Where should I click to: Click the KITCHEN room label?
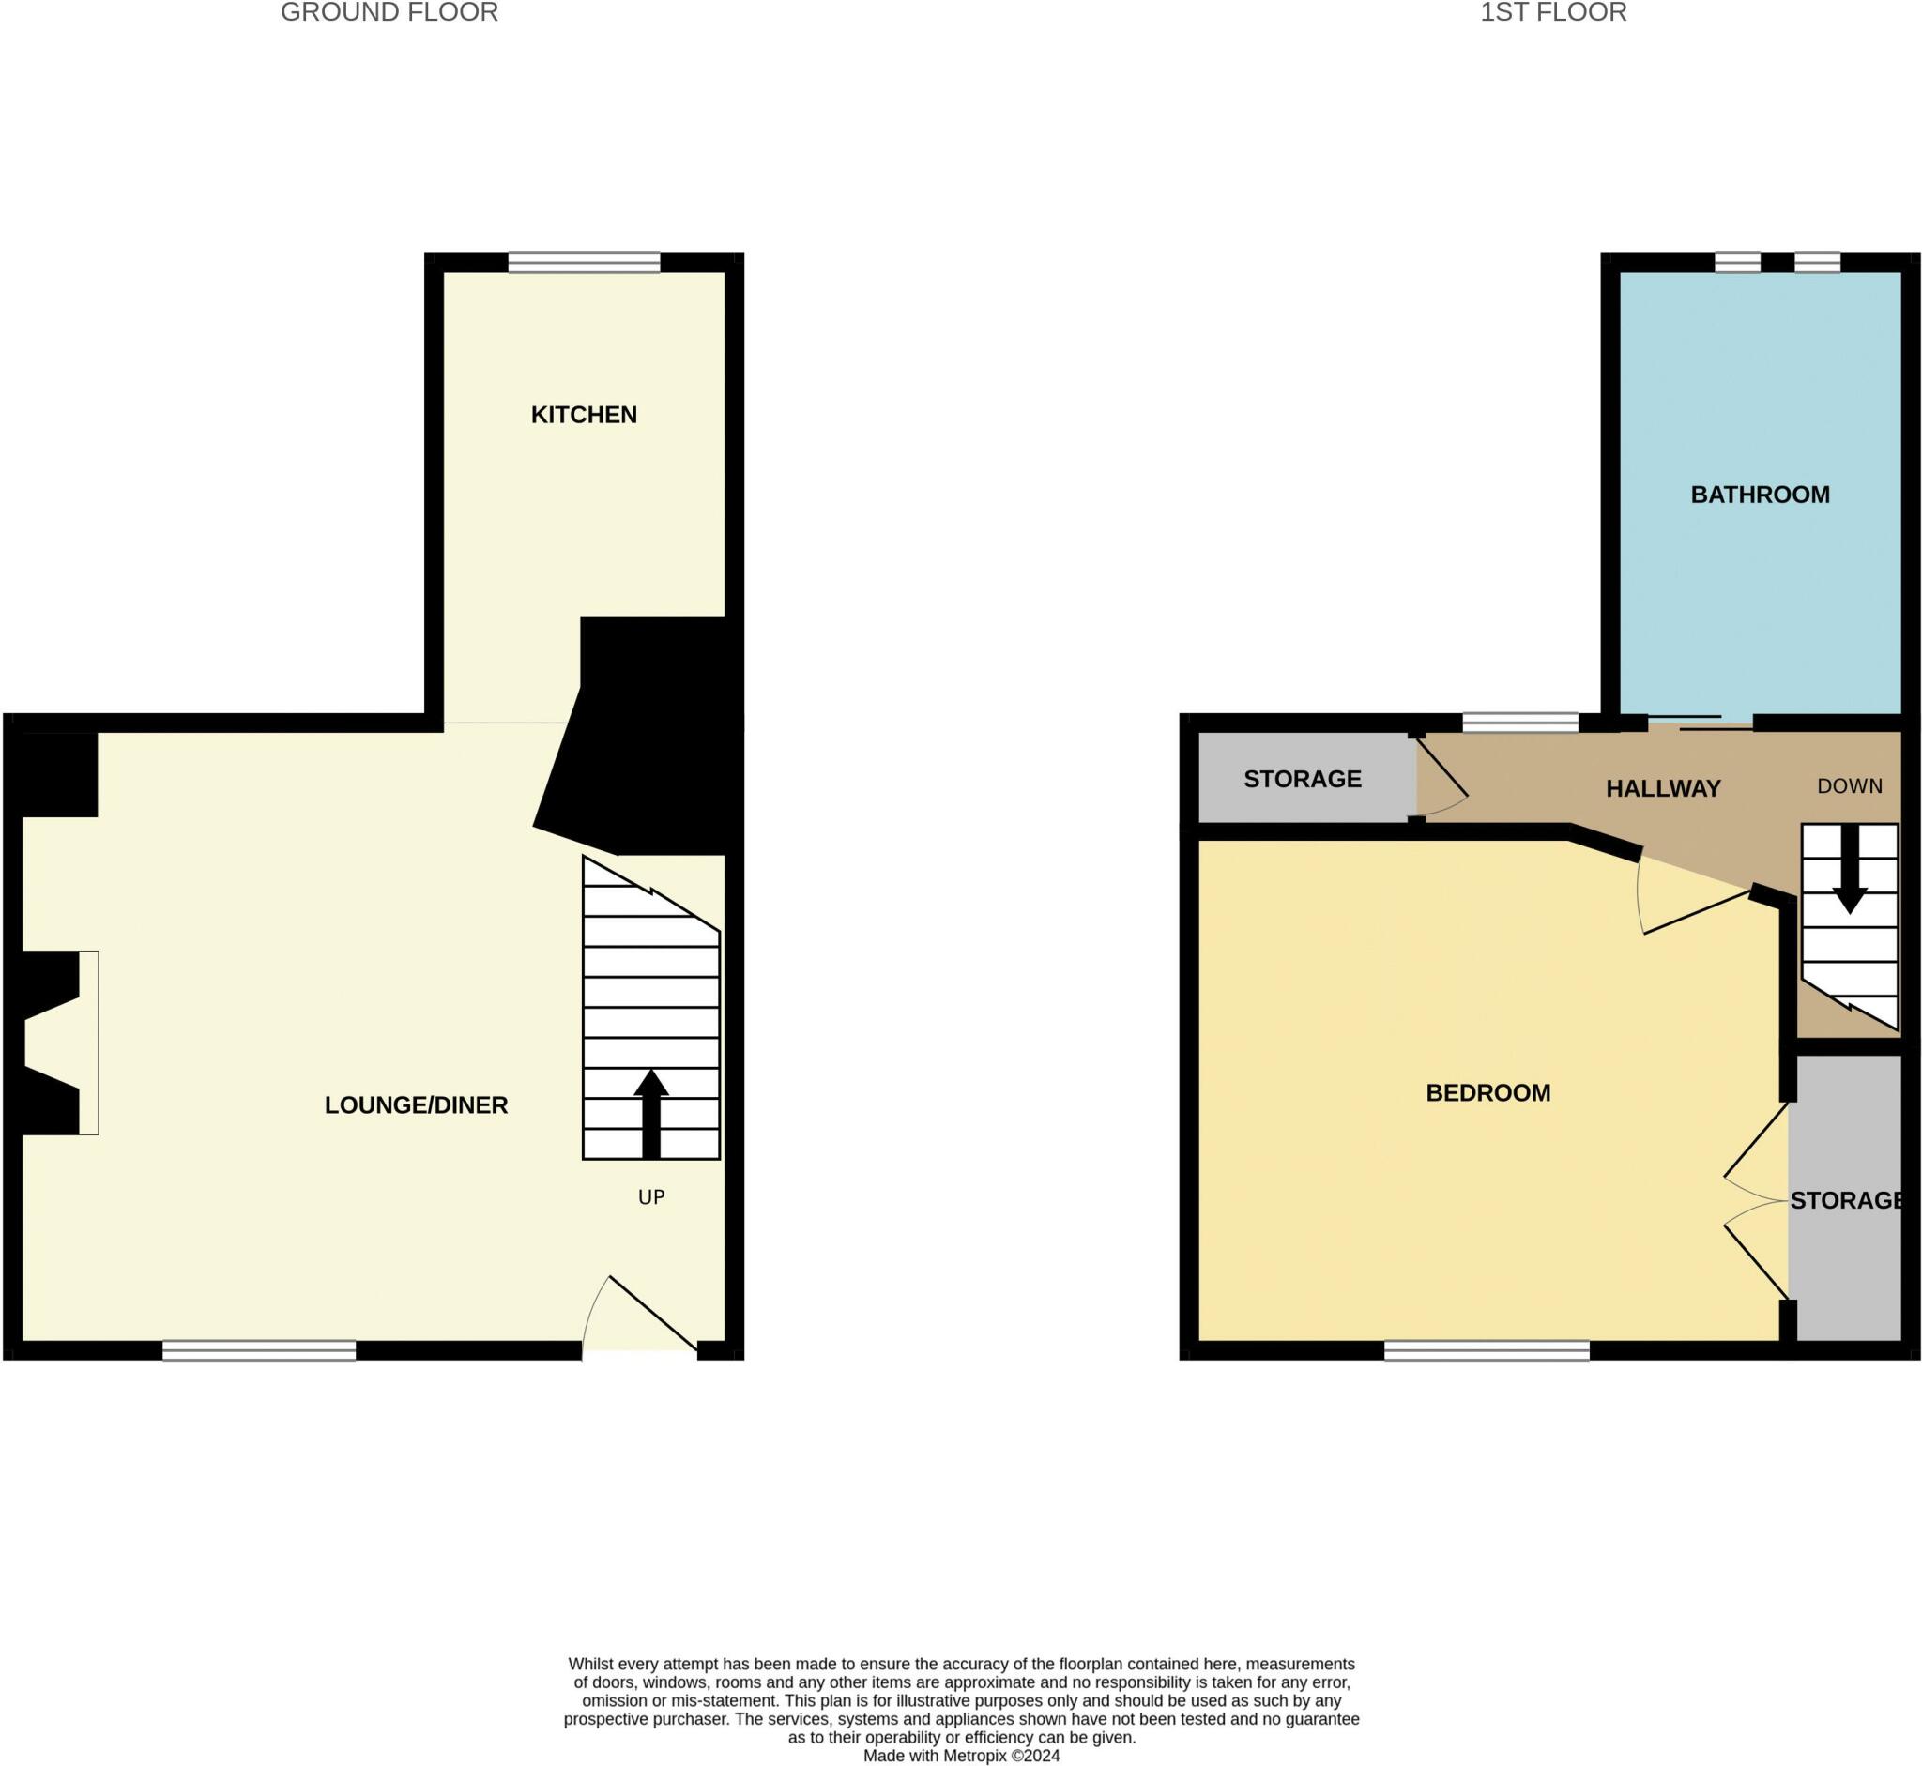point(583,415)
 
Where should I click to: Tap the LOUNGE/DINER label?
point(416,1104)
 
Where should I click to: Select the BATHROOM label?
point(1760,495)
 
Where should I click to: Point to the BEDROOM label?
point(1487,1092)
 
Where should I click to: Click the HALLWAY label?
point(1663,788)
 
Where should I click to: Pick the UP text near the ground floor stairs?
point(651,1197)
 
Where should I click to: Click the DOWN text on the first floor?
point(1850,785)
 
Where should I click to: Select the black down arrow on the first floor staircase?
point(1850,870)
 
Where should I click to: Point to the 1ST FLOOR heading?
point(1553,12)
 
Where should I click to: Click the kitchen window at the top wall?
point(583,262)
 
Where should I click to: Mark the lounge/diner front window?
point(259,1350)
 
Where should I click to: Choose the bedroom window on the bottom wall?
point(1487,1350)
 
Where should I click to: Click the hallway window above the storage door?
point(1519,723)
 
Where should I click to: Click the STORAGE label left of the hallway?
point(1302,779)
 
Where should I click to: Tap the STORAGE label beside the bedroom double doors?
point(1846,1200)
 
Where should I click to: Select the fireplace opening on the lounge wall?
point(53,1043)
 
